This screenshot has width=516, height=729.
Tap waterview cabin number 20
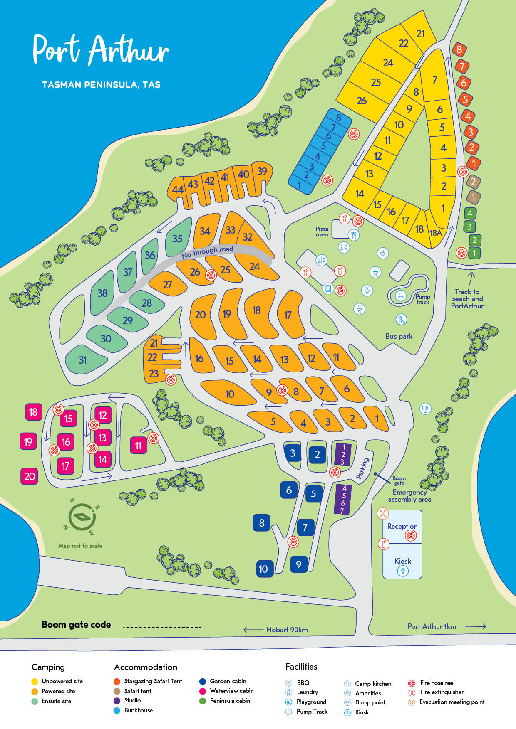point(29,476)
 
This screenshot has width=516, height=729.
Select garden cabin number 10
point(263,569)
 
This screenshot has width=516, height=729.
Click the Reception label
point(402,526)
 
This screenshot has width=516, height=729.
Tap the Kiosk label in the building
point(402,561)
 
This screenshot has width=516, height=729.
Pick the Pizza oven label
point(322,232)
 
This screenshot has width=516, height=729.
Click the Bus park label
point(399,336)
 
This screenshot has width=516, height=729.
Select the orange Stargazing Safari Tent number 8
point(459,49)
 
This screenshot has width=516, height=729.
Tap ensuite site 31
point(83,360)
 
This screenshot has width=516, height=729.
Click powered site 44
point(178,190)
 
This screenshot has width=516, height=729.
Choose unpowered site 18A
point(436,233)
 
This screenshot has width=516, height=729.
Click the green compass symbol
point(82,517)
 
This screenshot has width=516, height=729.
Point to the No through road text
point(207,251)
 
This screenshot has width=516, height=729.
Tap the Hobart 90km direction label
point(287,630)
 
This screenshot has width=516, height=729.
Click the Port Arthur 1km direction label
point(432,626)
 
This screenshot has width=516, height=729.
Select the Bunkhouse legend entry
point(138,710)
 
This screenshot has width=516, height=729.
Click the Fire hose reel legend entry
point(437,683)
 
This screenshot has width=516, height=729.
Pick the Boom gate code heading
point(76,625)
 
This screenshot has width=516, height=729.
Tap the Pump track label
point(423,299)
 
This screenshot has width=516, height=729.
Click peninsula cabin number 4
point(470,213)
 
